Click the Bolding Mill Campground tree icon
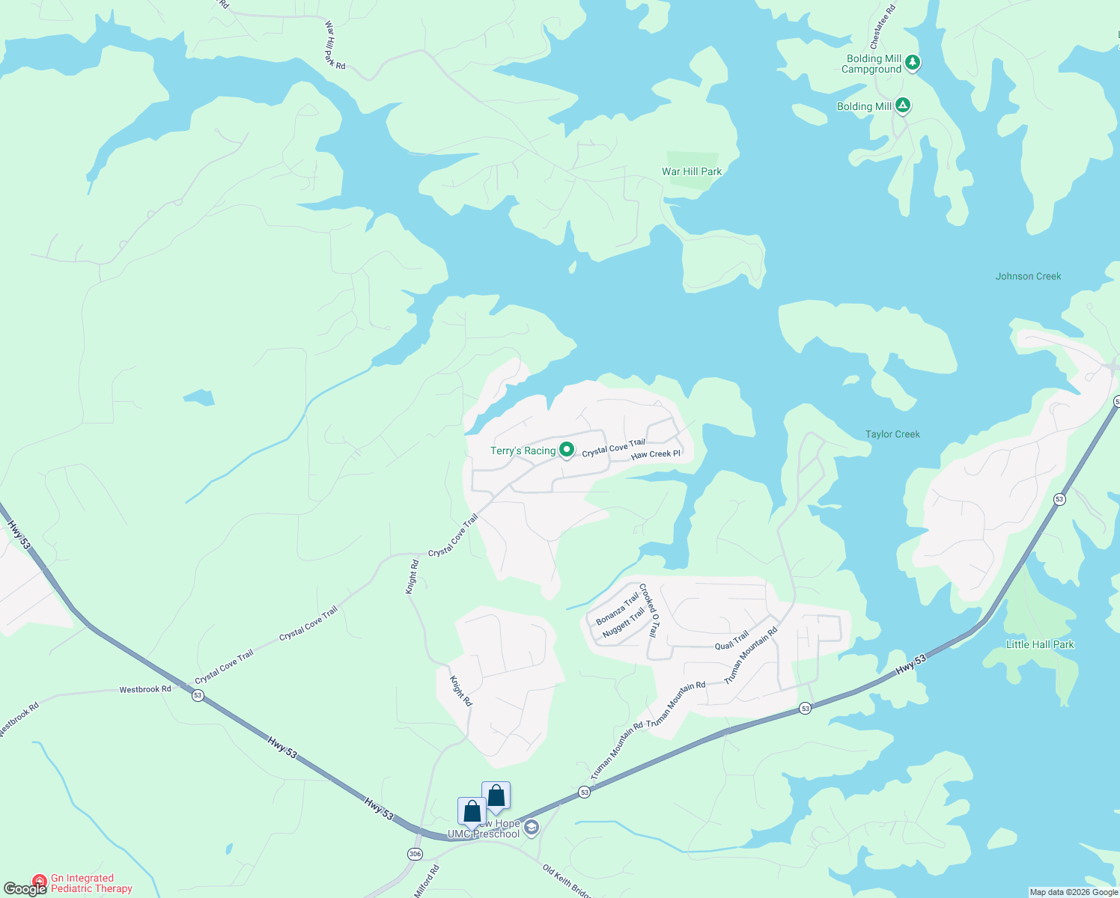(912, 63)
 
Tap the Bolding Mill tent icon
(903, 106)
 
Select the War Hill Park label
(692, 171)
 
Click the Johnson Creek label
(1028, 276)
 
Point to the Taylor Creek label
(892, 434)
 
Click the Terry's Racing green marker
(567, 450)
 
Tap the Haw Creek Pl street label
(656, 454)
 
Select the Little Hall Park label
(1040, 644)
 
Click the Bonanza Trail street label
(617, 609)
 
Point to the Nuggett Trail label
(624, 623)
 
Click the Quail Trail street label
(731, 641)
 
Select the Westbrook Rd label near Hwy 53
(145, 689)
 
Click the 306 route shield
(415, 854)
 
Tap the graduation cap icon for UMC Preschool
(531, 827)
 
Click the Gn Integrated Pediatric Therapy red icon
(40, 883)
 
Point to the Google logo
(25, 889)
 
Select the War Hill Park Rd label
(334, 46)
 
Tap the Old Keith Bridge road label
(567, 881)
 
